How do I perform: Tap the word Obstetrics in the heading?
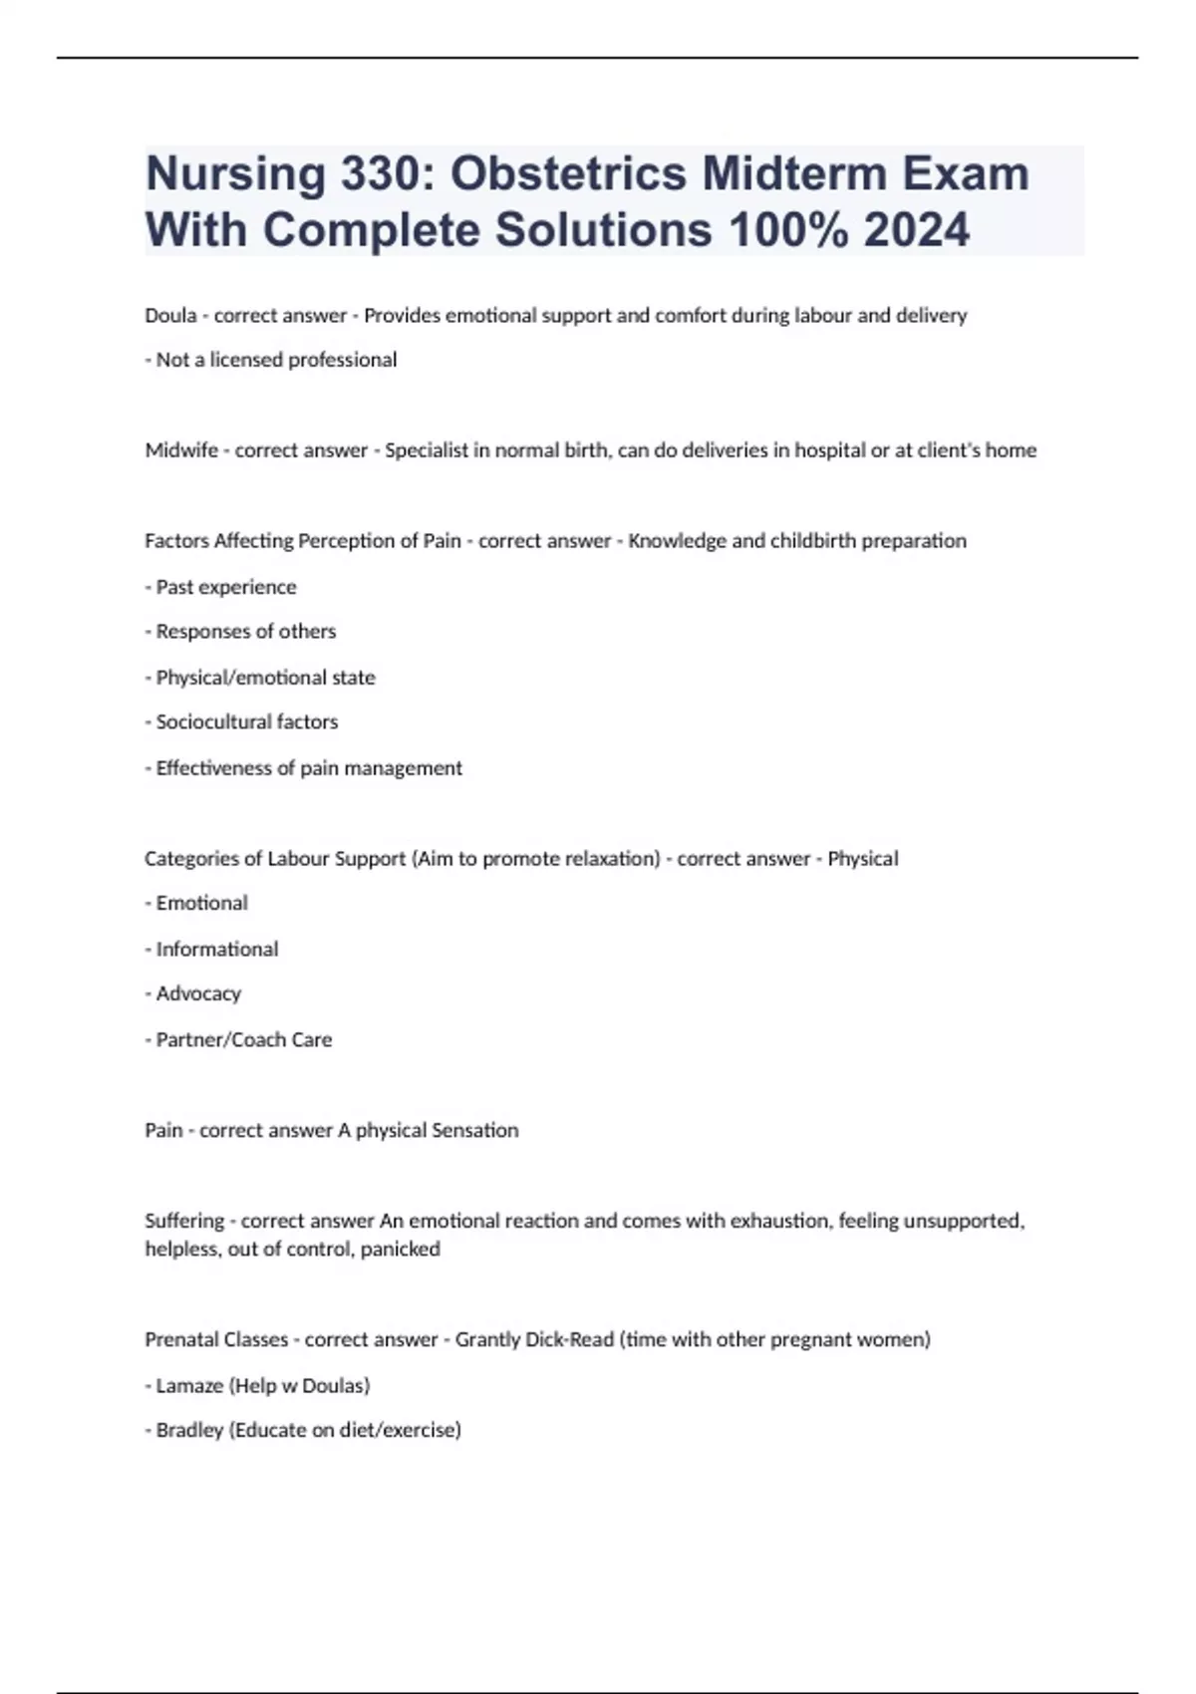pyautogui.click(x=568, y=173)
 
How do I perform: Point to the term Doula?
pyautogui.click(x=170, y=316)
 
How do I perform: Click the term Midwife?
pyautogui.click(x=181, y=450)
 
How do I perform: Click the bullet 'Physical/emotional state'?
pyautogui.click(x=265, y=678)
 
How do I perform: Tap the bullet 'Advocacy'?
pyautogui.click(x=198, y=994)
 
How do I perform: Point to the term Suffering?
pyautogui.click(x=184, y=1221)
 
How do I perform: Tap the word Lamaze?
pyautogui.click(x=189, y=1386)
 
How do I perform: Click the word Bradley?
pyautogui.click(x=189, y=1431)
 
